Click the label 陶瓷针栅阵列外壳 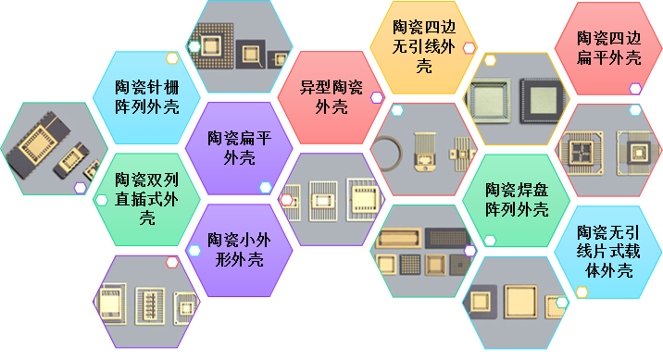(x=147, y=97)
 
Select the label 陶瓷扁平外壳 (x=239, y=148)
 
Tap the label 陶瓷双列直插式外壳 (x=146, y=199)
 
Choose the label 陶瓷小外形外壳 (x=239, y=250)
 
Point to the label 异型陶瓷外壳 (x=331, y=97)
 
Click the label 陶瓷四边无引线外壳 (x=424, y=46)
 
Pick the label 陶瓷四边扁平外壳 (x=609, y=48)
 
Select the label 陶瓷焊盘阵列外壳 (x=517, y=200)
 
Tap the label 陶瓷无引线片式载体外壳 (x=609, y=252)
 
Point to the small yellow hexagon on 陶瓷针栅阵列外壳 (x=172, y=58)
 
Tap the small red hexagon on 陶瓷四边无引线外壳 (x=469, y=48)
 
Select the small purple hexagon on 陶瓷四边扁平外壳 (x=635, y=89)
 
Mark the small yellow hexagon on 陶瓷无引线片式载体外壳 (x=582, y=292)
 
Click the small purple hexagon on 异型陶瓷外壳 (x=377, y=98)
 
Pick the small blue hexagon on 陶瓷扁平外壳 (x=266, y=188)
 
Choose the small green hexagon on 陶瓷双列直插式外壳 (x=102, y=200)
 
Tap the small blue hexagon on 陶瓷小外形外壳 (x=194, y=251)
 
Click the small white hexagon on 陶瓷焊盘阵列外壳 (x=490, y=241)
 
